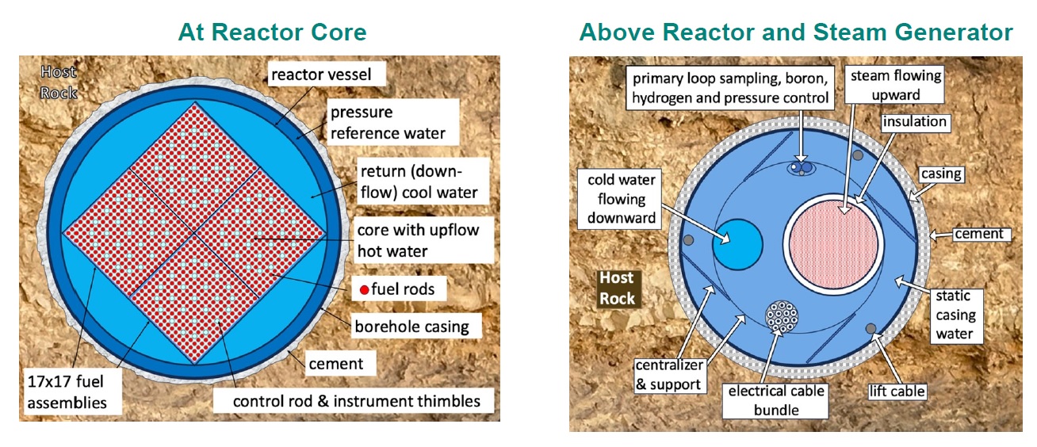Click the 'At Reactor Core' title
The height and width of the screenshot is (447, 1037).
(x=272, y=32)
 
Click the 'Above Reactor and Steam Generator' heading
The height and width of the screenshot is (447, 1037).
(x=796, y=32)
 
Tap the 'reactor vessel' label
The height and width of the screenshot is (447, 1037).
(x=327, y=74)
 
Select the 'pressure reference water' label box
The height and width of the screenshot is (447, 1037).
(x=392, y=122)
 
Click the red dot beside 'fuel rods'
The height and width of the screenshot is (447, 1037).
(x=365, y=290)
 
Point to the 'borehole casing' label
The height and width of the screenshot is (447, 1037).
(x=416, y=327)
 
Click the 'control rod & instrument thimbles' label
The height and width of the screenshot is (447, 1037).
(x=354, y=401)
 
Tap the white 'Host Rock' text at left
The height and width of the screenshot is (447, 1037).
(x=59, y=82)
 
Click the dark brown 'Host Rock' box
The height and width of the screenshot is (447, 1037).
(x=618, y=288)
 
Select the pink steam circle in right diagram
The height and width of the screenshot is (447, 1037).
(x=833, y=244)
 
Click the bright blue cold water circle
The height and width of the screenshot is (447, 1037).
(x=737, y=245)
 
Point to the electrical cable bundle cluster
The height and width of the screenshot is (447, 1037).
(x=782, y=317)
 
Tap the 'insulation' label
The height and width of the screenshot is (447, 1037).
(x=915, y=122)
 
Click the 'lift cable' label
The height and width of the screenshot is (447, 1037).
(x=897, y=392)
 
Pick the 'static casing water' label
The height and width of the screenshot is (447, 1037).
(x=956, y=315)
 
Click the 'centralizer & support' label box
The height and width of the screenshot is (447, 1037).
(x=670, y=375)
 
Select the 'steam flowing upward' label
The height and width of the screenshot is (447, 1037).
(x=894, y=85)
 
